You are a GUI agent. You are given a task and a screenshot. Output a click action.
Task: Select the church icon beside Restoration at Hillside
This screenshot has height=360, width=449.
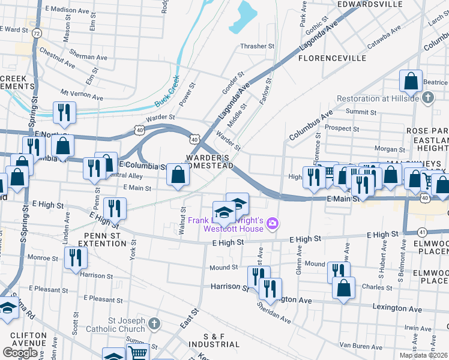click(427, 97)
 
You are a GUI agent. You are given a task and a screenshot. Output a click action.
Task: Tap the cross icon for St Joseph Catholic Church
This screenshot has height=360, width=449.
click(154, 324)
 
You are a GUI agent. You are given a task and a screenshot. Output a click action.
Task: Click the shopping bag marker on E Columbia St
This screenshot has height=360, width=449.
click(178, 175)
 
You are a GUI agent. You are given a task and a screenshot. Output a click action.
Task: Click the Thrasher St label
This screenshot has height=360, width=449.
click(257, 46)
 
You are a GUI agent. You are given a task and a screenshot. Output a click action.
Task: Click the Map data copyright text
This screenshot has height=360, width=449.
click(423, 355)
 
